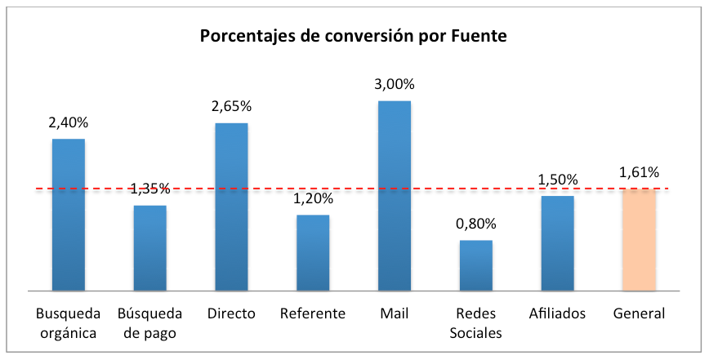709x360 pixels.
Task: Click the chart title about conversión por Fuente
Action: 354,37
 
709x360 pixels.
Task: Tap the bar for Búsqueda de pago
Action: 149,248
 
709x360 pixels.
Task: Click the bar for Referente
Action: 313,253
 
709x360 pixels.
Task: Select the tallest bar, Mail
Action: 395,196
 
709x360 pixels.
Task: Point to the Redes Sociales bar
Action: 476,265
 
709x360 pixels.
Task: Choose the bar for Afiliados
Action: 558,243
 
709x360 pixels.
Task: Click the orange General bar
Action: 639,240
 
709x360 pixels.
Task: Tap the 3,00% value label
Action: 395,84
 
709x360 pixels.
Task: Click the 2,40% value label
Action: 69,122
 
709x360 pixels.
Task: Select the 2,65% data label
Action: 231,106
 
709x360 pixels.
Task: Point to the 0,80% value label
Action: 476,224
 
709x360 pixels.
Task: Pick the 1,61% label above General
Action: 639,172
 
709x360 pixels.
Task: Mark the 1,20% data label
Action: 313,198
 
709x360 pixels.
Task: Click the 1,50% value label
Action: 558,180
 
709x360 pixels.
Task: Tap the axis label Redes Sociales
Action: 476,322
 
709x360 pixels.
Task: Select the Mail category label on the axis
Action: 395,313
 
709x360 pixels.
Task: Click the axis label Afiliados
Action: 558,313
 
